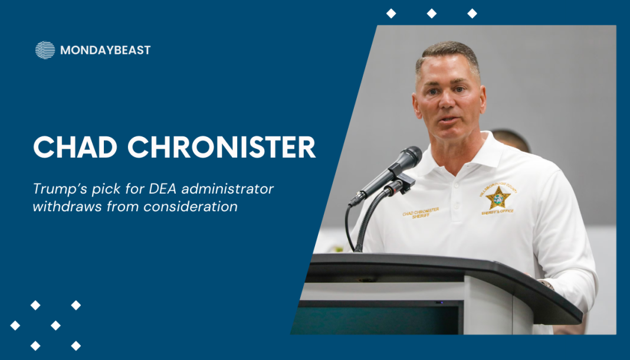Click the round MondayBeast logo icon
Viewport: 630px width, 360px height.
pos(45,50)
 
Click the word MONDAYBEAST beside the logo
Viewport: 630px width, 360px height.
pos(105,50)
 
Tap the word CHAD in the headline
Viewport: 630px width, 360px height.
pos(75,147)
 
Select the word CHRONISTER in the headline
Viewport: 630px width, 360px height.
pos(221,147)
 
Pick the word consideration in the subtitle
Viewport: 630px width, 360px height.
pos(191,207)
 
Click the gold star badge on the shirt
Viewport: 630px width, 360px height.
pos(498,198)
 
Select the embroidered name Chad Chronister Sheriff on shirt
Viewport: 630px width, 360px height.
pos(421,213)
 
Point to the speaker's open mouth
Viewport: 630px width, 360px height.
pos(449,120)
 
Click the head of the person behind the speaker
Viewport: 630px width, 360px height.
pos(511,140)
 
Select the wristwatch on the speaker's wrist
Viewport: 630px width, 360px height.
pos(547,284)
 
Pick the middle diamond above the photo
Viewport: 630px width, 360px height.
pos(432,14)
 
